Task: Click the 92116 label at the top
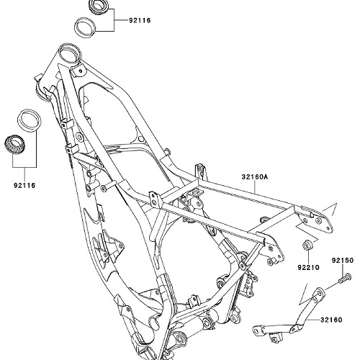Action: point(140,20)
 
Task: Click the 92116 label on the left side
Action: point(24,185)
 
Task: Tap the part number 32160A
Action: point(255,177)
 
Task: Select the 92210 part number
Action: point(309,267)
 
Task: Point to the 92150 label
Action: point(343,260)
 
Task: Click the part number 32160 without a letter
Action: point(331,320)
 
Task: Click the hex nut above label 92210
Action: point(307,245)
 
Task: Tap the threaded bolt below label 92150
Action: point(345,279)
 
